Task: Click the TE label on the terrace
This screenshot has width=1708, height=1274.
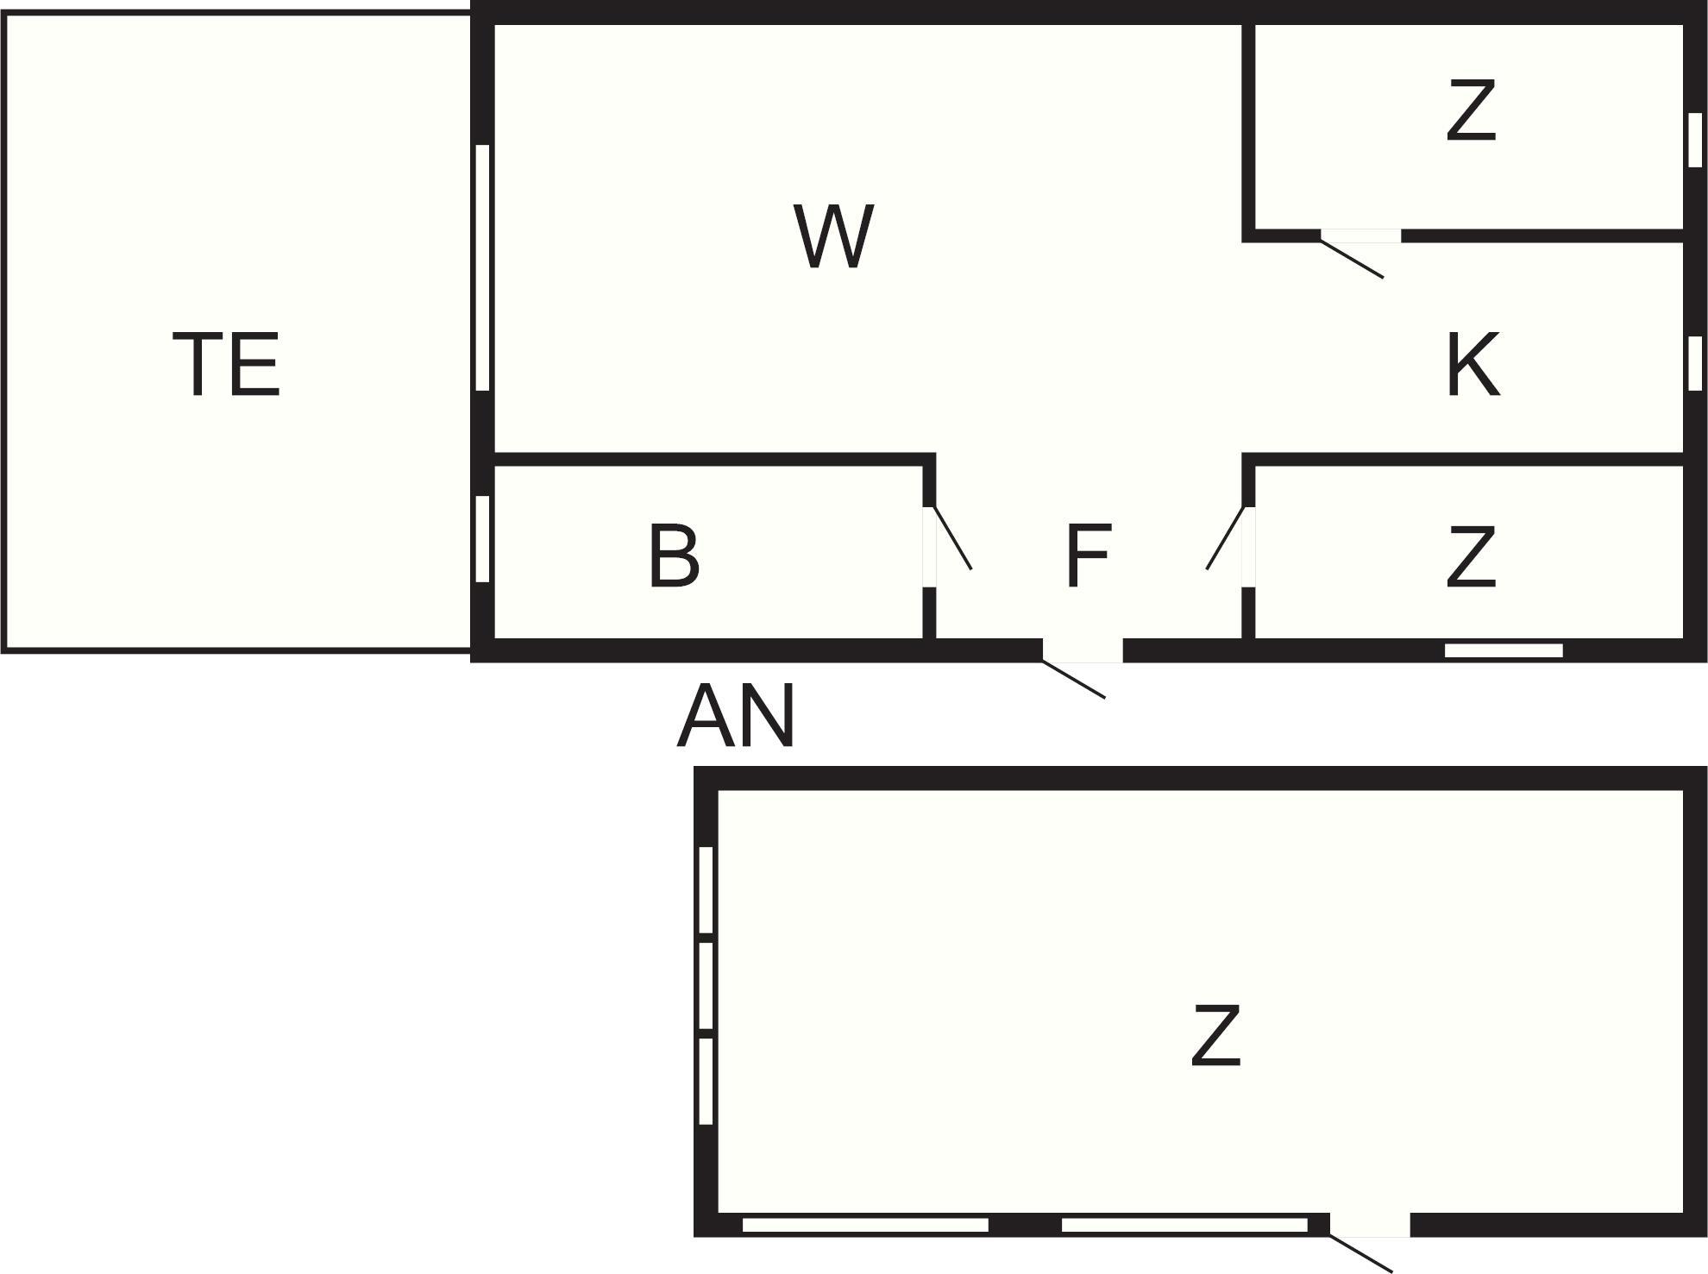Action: pos(227,365)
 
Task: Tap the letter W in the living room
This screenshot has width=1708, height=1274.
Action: pos(833,235)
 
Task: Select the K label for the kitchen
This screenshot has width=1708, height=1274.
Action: pos(1473,365)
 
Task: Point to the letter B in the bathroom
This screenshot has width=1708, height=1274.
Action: pos(674,556)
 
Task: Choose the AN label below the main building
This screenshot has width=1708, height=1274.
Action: pos(736,715)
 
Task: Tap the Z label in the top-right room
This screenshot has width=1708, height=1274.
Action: pos(1471,110)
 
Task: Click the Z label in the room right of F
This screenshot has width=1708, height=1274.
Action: pos(1471,557)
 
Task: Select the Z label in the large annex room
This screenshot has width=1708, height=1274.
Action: pos(1215,1035)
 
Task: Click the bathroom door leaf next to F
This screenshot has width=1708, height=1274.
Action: pos(953,538)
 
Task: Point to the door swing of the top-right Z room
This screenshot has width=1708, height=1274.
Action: pos(1352,258)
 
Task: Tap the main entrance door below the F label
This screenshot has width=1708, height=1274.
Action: pos(1074,679)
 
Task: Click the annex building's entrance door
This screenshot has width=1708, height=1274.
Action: pos(1361,1253)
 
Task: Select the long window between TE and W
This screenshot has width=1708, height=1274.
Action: pos(483,267)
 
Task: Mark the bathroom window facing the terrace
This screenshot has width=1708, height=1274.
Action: pos(483,538)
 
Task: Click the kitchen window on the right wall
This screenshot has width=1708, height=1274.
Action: pos(1695,363)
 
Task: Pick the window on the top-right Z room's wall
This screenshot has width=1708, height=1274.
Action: pos(1695,140)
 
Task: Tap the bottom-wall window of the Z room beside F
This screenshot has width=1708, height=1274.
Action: pos(1504,650)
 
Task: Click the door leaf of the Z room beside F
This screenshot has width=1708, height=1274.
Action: pos(1226,538)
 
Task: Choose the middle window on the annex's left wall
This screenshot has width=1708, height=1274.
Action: pos(706,986)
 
